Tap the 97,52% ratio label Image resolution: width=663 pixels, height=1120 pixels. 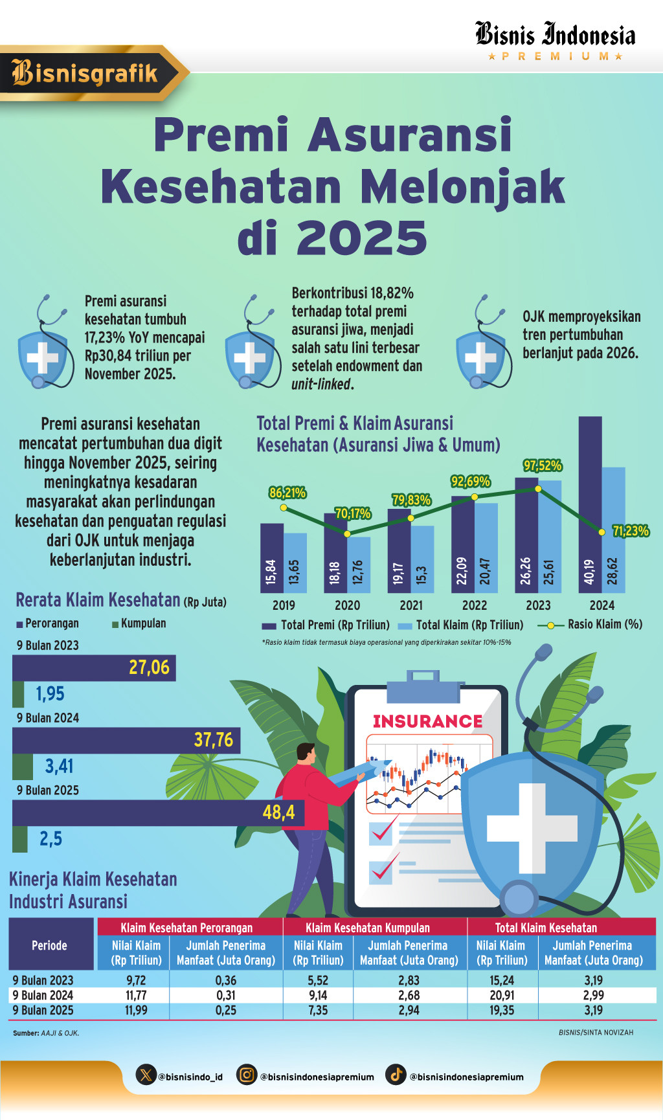pyautogui.click(x=543, y=465)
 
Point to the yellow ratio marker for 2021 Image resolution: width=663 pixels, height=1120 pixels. pyautogui.click(x=411, y=518)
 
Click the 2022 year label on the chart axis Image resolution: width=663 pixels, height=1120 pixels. pyautogui.click(x=475, y=605)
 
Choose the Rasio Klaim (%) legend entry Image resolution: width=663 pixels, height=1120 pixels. pyautogui.click(x=590, y=625)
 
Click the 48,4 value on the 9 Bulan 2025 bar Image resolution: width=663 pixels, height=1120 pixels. pyautogui.click(x=278, y=812)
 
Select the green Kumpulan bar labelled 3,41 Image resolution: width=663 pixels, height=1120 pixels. pyautogui.click(x=23, y=767)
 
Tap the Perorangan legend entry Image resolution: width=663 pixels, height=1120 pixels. pyautogui.click(x=48, y=623)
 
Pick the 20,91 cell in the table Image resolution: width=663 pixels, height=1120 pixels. pyautogui.click(x=502, y=995)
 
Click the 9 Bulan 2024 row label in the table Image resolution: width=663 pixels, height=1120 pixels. pyautogui.click(x=43, y=995)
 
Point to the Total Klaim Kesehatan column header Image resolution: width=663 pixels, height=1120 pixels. pyautogui.click(x=546, y=928)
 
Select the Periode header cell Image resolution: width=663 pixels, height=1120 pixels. pyautogui.click(x=50, y=945)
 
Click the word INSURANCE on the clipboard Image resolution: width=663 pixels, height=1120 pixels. pyautogui.click(x=427, y=721)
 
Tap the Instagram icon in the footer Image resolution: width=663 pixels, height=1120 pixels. pyautogui.click(x=246, y=1075)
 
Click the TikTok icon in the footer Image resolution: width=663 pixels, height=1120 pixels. pyautogui.click(x=396, y=1075)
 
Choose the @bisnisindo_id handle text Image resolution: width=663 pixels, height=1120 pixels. pyautogui.click(x=190, y=1077)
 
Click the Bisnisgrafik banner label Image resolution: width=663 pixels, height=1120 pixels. pyautogui.click(x=85, y=73)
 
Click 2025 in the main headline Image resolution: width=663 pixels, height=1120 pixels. pyautogui.click(x=362, y=238)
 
